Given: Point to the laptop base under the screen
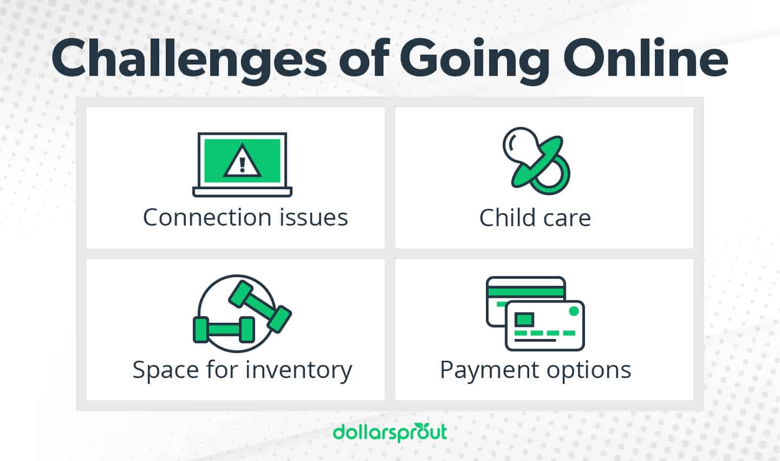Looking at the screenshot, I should pyautogui.click(x=242, y=191).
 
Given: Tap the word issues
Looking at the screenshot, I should pyautogui.click(x=314, y=217).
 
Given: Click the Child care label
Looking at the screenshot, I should pyautogui.click(x=535, y=218).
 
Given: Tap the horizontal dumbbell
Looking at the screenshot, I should pyautogui.click(x=224, y=329).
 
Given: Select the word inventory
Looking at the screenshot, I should pyautogui.click(x=298, y=371).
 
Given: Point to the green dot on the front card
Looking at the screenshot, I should pyautogui.click(x=574, y=311).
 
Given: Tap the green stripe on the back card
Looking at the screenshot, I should pyautogui.click(x=525, y=291).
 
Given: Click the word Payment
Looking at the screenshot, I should pyautogui.click(x=482, y=371).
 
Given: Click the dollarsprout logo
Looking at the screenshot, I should pyautogui.click(x=390, y=432).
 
